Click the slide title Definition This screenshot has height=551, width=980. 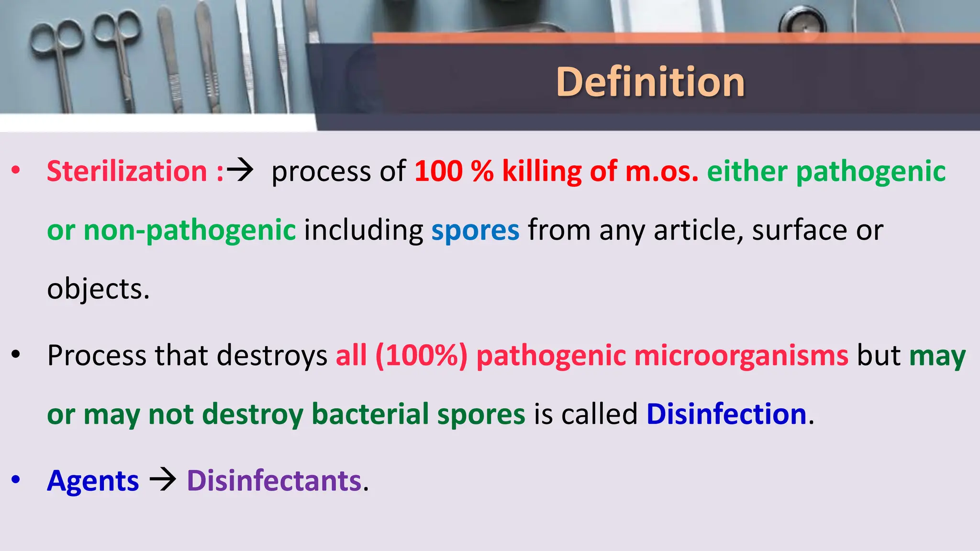pos(650,82)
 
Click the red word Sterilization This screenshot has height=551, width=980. pos(127,171)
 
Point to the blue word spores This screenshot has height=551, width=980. pos(475,231)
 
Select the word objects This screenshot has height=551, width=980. pos(98,289)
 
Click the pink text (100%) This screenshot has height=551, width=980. pos(421,356)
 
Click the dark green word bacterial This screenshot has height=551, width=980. pos(370,414)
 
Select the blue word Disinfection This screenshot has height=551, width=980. pos(726,414)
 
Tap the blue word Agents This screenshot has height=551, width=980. pos(93,481)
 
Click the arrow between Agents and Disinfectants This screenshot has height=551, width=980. pos(163,480)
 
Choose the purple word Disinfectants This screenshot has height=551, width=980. pos(274,481)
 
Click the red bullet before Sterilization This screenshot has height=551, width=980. pos(16,170)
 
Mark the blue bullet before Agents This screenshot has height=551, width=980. pos(16,479)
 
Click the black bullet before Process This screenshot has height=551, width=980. pos(16,355)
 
